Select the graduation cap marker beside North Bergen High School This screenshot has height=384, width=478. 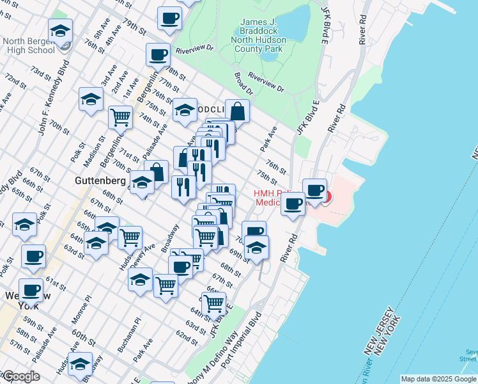(x=60, y=31)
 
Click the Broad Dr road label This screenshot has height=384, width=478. (x=243, y=83)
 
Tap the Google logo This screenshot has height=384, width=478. (x=20, y=376)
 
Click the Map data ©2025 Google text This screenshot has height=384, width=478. (x=438, y=379)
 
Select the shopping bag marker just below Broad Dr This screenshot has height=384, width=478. (x=237, y=111)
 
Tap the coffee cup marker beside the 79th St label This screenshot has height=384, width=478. (x=169, y=19)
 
